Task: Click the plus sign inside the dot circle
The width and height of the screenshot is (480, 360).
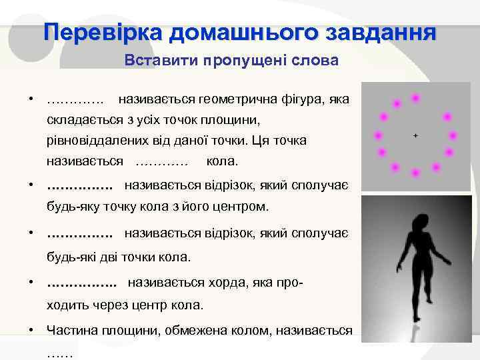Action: [415, 135]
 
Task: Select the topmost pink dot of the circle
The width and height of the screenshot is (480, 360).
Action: [415, 98]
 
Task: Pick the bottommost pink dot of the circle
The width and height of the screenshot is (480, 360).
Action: [415, 173]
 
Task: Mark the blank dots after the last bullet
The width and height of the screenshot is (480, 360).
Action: [61, 353]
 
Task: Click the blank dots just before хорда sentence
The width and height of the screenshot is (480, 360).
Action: [81, 283]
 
